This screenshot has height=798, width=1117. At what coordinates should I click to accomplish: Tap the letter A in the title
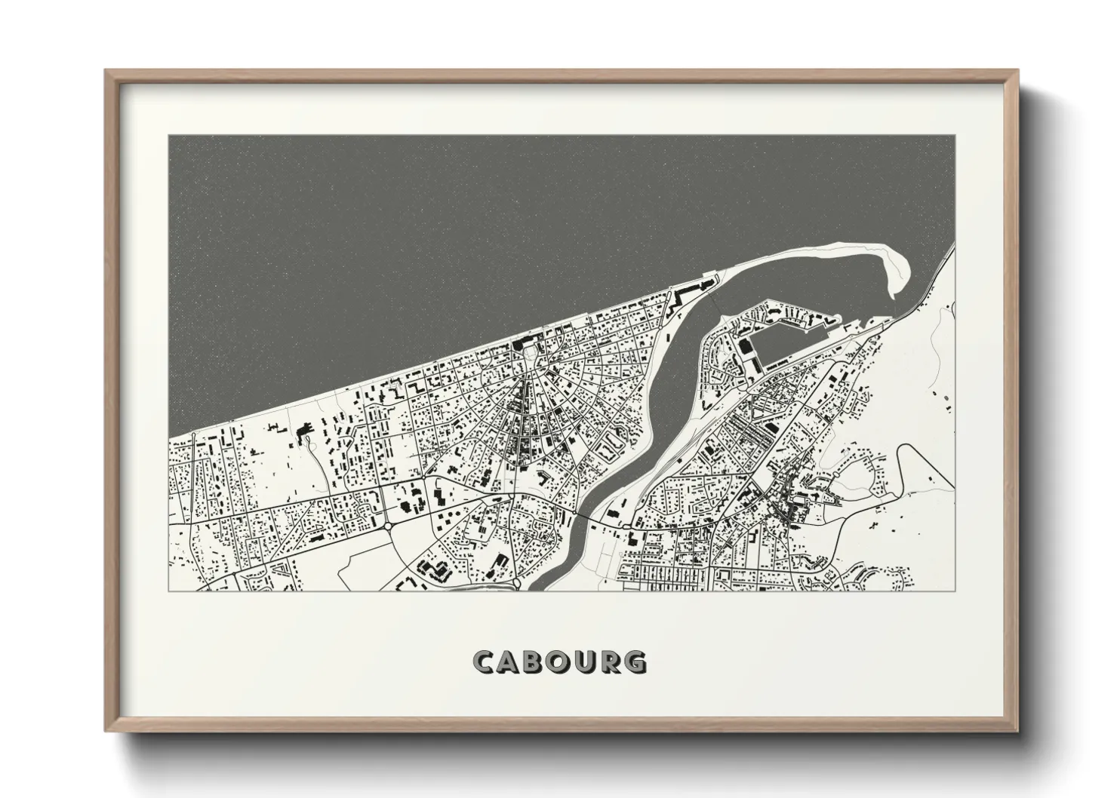tap(510, 661)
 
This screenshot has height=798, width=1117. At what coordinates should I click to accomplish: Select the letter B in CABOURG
tap(535, 661)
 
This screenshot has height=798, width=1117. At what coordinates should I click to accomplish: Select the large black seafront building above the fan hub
tap(521, 345)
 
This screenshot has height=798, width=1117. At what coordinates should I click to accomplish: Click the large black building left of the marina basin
tap(745, 348)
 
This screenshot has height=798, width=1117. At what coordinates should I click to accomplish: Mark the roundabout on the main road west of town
tap(387, 526)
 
